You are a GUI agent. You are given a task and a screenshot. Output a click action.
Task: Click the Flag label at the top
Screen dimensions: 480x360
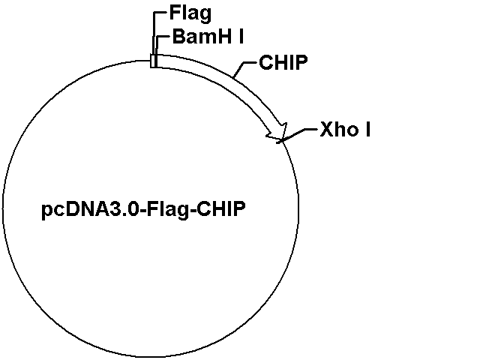pyautogui.click(x=190, y=14)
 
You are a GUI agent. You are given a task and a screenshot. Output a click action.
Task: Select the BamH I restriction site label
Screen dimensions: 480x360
pyautogui.click(x=208, y=37)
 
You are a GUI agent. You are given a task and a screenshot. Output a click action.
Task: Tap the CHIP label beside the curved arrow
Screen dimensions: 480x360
pyautogui.click(x=283, y=62)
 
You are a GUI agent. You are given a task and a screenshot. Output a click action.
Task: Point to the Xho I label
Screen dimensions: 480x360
pyautogui.click(x=345, y=129)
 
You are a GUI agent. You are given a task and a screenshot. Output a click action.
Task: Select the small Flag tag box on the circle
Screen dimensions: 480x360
pyautogui.click(x=153, y=61)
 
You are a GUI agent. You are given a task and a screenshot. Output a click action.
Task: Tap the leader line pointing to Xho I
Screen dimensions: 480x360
pyautogui.click(x=298, y=135)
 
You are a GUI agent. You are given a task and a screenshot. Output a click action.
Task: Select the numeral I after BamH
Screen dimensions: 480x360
pyautogui.click(x=241, y=37)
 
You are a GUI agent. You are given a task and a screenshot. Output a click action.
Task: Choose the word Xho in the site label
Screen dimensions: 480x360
pyautogui.click(x=339, y=129)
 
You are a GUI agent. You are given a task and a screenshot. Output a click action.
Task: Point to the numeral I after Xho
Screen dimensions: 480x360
pyautogui.click(x=368, y=129)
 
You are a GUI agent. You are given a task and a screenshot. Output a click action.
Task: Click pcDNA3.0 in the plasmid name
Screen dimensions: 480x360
pyautogui.click(x=91, y=210)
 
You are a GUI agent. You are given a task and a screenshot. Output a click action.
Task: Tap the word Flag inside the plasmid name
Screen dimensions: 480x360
pyautogui.click(x=168, y=210)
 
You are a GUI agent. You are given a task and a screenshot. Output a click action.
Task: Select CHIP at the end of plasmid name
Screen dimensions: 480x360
pyautogui.click(x=220, y=209)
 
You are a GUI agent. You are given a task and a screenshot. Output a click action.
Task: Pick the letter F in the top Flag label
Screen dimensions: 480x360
pyautogui.click(x=174, y=13)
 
